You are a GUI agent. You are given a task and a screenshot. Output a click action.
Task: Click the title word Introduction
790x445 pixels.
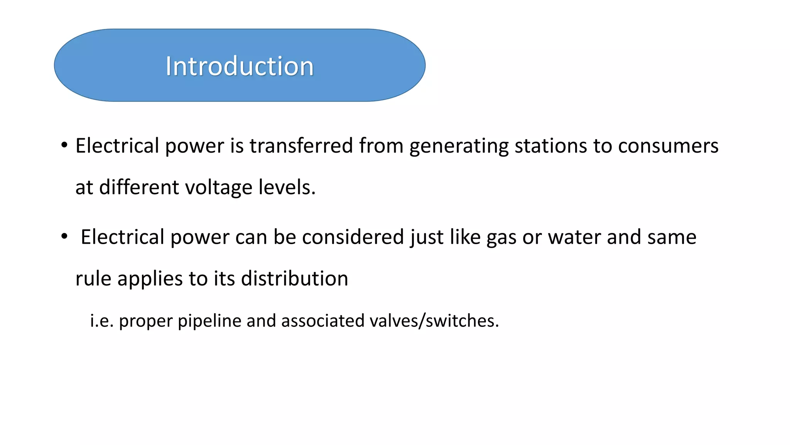click(x=240, y=66)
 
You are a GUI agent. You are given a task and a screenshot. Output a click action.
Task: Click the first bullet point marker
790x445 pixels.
click(x=64, y=146)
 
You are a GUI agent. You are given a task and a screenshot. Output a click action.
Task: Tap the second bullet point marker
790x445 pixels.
click(x=64, y=236)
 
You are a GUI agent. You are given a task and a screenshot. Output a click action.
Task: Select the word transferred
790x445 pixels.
click(x=301, y=146)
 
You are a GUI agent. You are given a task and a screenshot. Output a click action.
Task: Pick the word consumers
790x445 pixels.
click(x=668, y=146)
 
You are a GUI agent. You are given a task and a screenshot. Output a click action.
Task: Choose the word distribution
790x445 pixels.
click(x=294, y=279)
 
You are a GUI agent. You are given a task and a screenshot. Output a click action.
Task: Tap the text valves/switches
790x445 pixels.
click(x=434, y=321)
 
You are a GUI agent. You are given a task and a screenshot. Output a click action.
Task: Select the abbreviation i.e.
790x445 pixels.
click(x=102, y=321)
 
